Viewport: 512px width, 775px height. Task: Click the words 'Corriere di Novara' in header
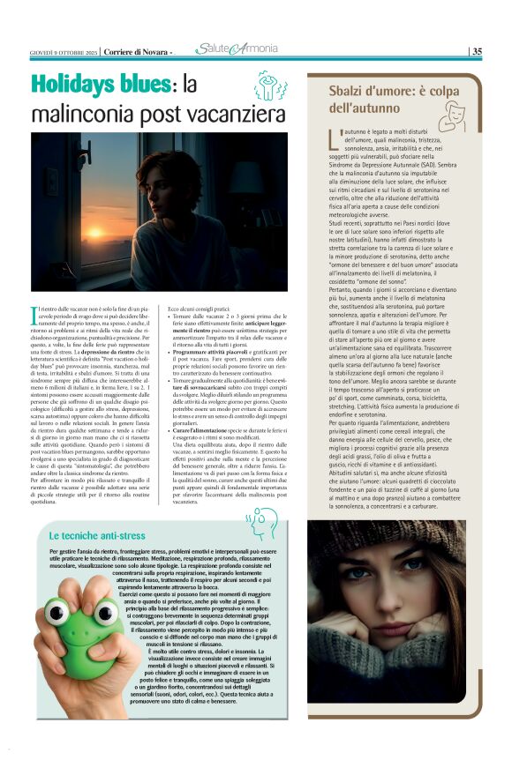(x=137, y=51)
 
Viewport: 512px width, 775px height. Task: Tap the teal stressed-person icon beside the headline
(x=272, y=90)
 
